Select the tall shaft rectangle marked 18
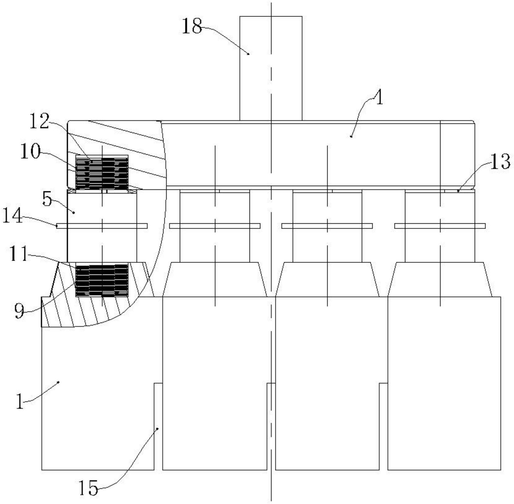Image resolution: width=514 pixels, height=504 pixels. (x=271, y=68)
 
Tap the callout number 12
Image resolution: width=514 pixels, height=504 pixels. (x=39, y=121)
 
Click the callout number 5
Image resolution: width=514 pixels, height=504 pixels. (x=47, y=199)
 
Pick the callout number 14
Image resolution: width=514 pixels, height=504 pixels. (x=13, y=216)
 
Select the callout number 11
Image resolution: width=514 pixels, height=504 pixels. (x=19, y=254)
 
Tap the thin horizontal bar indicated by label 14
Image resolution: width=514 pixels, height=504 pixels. (x=102, y=226)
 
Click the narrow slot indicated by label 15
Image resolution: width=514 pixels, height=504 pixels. (x=158, y=426)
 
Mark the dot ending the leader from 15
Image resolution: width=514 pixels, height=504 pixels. (x=158, y=429)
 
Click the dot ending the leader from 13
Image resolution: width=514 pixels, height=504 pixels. (x=458, y=191)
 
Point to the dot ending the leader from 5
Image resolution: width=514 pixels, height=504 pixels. (x=74, y=212)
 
